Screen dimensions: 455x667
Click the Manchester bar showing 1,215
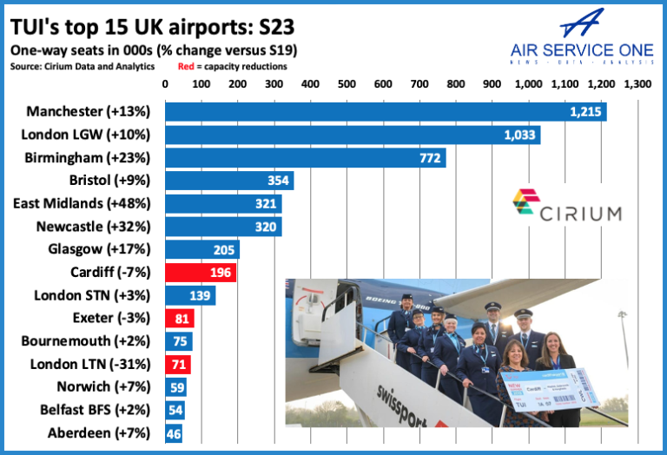point(386,112)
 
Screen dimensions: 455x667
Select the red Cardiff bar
point(201,273)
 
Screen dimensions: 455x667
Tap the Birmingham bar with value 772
point(305,158)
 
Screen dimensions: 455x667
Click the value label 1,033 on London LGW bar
point(520,135)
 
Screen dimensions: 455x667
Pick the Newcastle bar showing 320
point(223,227)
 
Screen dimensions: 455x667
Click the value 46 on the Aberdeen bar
point(173,432)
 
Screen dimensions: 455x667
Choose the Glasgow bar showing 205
point(201,250)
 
